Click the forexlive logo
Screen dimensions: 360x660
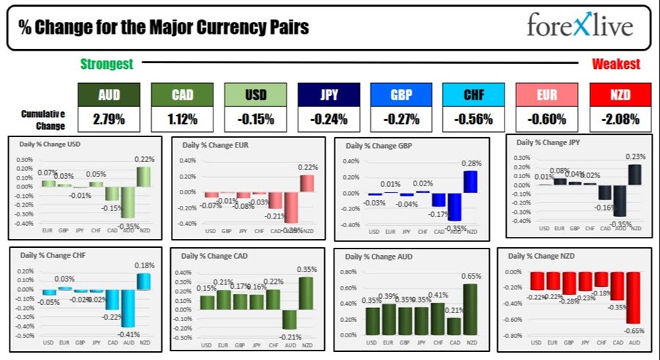(580, 28)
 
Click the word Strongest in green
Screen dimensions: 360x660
(106, 65)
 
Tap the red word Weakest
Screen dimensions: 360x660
(615, 65)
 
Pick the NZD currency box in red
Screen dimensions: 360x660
(620, 94)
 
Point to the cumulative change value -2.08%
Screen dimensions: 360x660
(620, 118)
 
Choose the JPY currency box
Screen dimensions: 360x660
(329, 94)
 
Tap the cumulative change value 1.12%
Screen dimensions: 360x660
(182, 118)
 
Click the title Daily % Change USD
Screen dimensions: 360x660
(49, 144)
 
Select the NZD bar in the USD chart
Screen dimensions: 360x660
(144, 177)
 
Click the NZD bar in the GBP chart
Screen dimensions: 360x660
(470, 182)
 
